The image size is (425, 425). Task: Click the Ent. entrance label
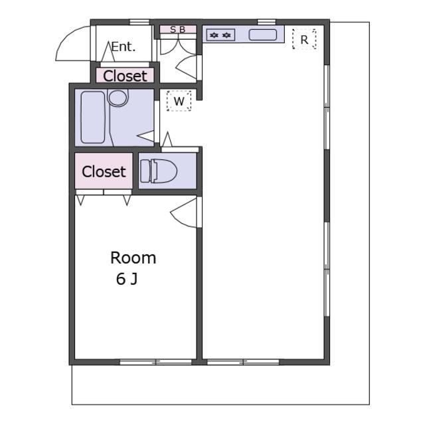[124, 47]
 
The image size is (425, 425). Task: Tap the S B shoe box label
[178, 29]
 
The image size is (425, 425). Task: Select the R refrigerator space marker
[304, 39]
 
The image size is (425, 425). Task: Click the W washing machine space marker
[179, 101]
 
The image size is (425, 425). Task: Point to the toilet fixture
[159, 171]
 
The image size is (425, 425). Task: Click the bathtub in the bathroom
[93, 118]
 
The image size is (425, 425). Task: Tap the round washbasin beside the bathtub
[118, 98]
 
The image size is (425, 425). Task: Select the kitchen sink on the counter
[263, 35]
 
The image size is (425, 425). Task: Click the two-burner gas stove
[220, 35]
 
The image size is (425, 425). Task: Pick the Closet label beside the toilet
[104, 171]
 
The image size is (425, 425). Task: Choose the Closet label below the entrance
[125, 76]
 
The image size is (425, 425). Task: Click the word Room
[133, 258]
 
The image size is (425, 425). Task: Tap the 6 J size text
[127, 279]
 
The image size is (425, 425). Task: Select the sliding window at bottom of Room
[156, 362]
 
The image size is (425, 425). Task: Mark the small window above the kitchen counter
[266, 22]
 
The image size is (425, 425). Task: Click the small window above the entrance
[139, 22]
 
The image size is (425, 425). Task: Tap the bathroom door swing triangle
[146, 136]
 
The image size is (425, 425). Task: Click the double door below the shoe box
[178, 46]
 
